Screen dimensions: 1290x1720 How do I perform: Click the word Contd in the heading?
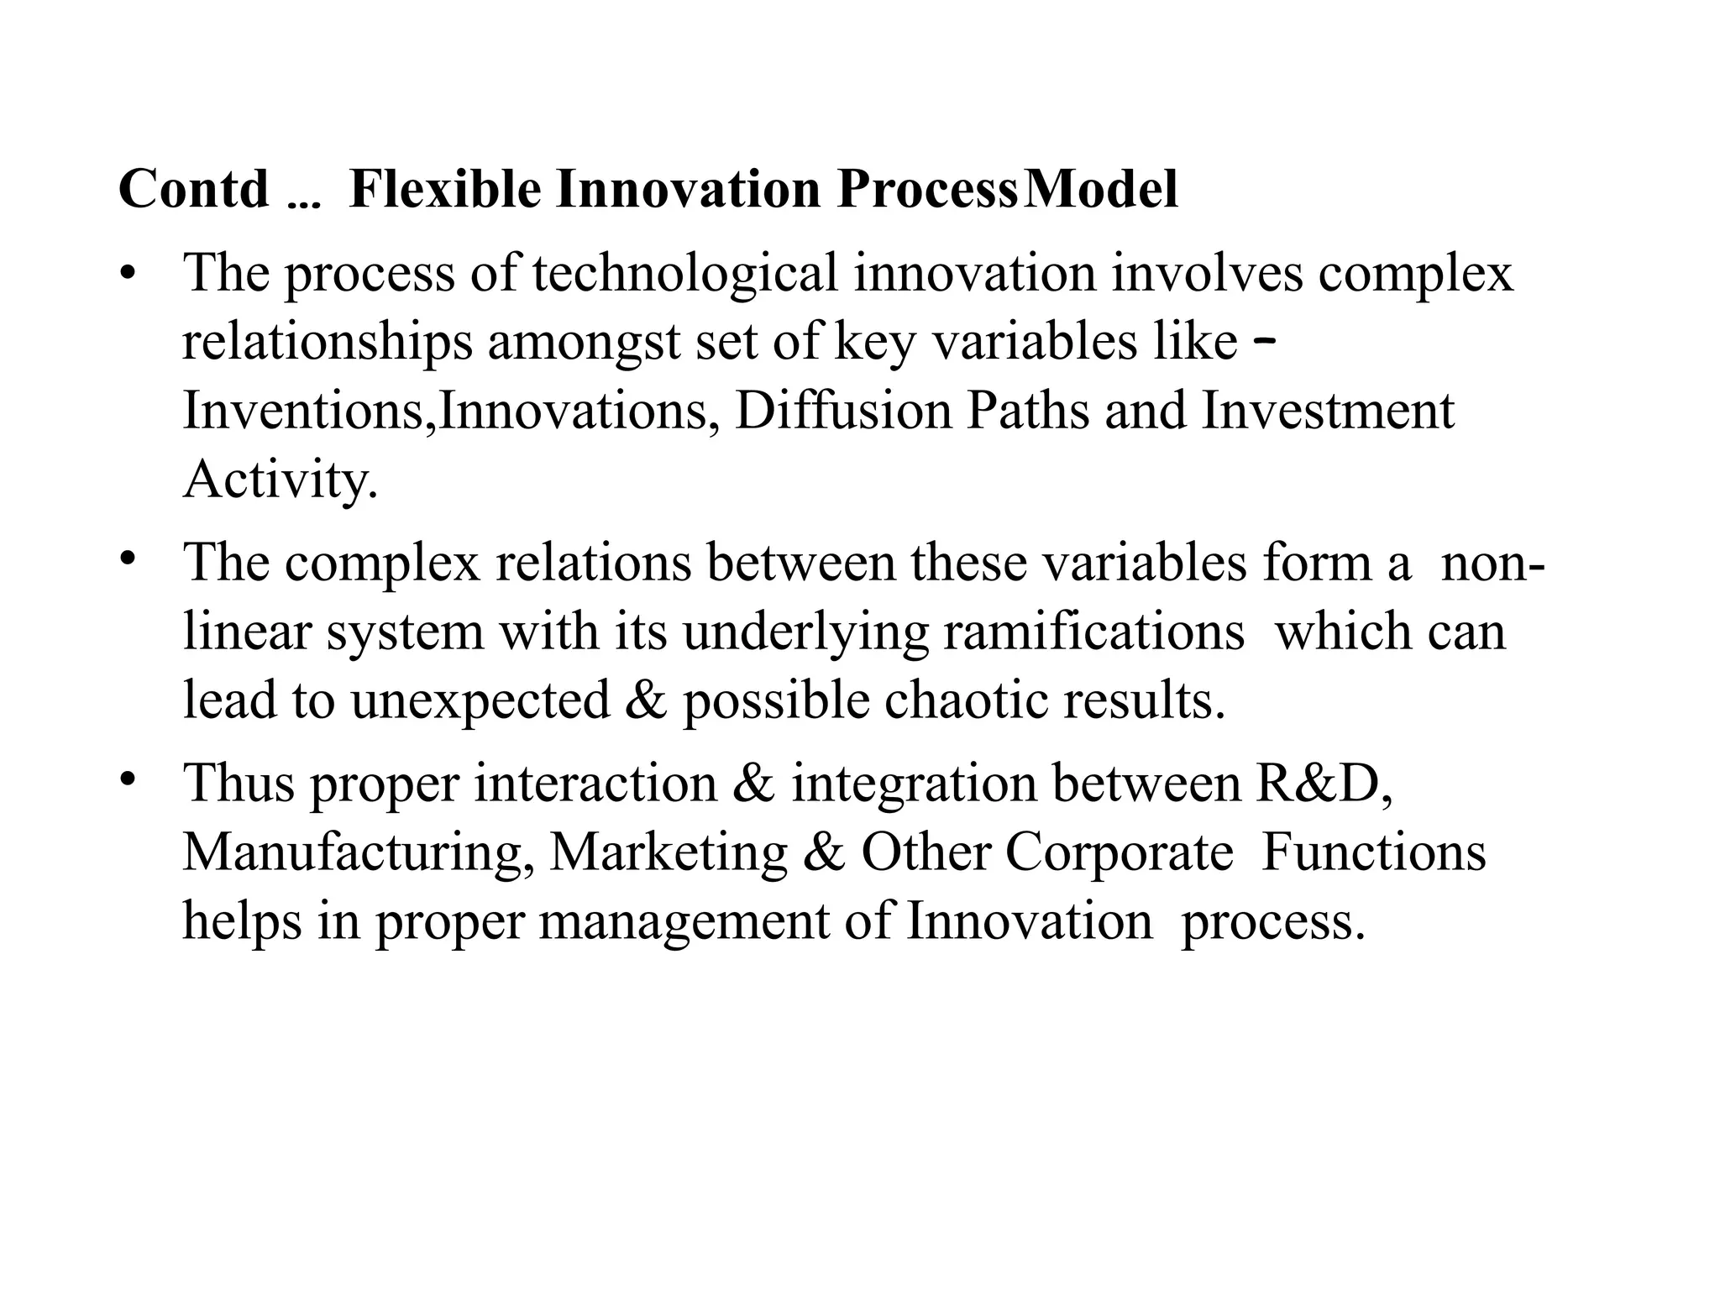[x=193, y=189]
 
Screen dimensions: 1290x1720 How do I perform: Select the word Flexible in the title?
[x=444, y=189]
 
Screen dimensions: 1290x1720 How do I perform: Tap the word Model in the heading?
[x=1100, y=189]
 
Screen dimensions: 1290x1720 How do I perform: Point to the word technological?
[x=684, y=273]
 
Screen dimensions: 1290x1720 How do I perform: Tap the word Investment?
[x=1327, y=412]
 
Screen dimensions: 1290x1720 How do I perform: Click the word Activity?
[x=280, y=480]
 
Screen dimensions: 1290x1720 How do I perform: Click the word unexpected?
[x=480, y=700]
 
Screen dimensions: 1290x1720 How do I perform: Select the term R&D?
[x=1323, y=783]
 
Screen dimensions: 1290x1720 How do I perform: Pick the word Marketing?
[x=668, y=853]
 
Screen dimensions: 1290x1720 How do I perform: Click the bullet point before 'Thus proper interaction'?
[x=127, y=780]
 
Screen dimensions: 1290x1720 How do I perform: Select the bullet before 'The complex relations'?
[x=127, y=558]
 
